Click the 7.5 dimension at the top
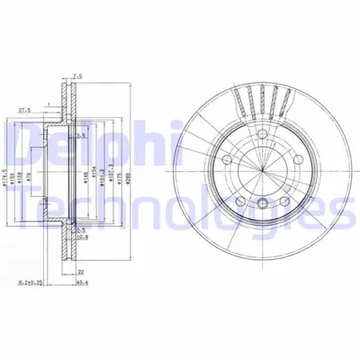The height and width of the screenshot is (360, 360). point(78,76)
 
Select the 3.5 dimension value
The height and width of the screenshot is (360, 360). point(80,136)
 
